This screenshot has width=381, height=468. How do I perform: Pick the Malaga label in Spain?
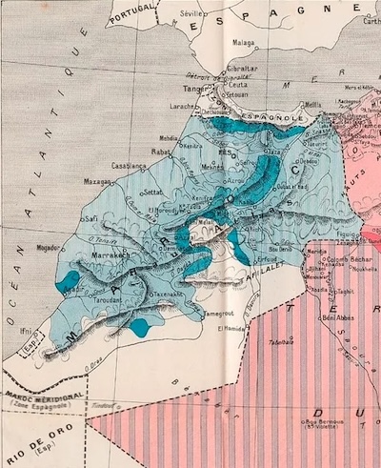click(243, 42)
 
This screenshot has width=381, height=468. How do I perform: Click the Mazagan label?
click(99, 180)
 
